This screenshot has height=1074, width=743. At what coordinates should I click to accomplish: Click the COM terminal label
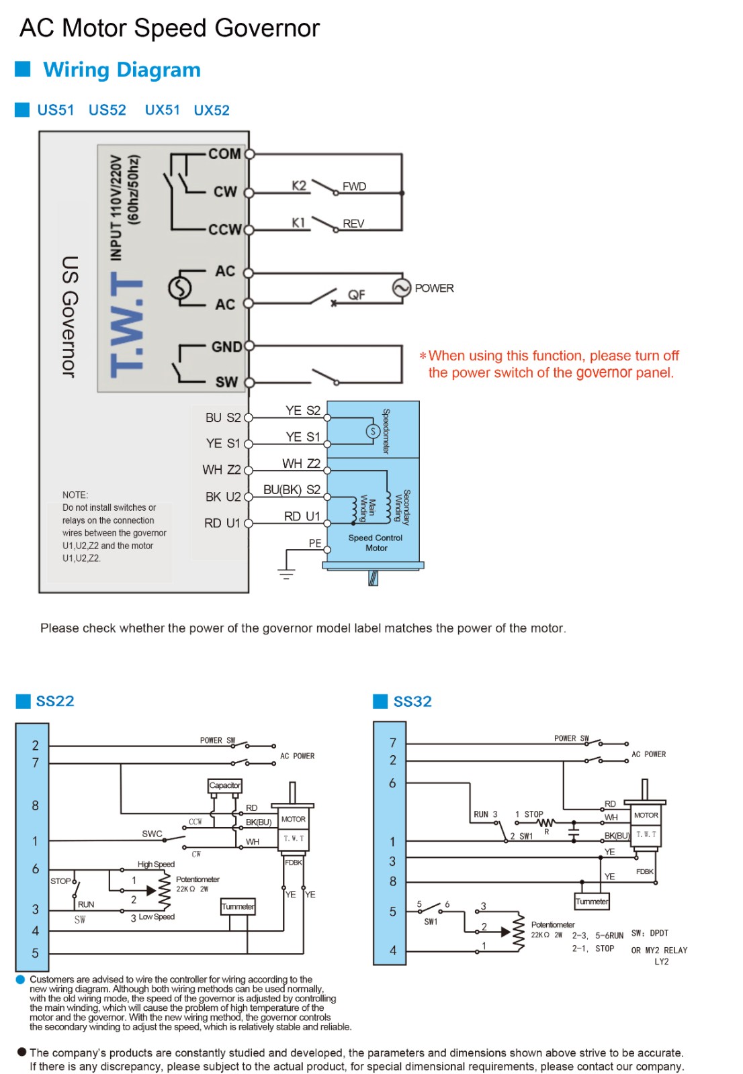click(224, 154)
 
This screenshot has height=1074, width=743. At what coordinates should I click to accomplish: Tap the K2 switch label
click(299, 186)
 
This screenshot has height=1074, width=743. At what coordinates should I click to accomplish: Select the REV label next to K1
click(353, 224)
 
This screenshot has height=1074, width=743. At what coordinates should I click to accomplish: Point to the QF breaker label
click(356, 295)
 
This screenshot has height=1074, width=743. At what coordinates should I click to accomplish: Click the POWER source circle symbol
click(401, 289)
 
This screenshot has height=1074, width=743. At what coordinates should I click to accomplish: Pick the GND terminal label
click(226, 347)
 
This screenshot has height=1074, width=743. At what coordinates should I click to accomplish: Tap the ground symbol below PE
click(286, 574)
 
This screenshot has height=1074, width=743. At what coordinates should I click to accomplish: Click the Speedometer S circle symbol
click(373, 431)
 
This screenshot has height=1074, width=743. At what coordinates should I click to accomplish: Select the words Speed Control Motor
click(376, 543)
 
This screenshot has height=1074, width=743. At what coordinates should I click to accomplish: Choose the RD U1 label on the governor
click(222, 523)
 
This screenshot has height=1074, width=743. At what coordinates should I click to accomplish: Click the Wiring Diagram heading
click(122, 70)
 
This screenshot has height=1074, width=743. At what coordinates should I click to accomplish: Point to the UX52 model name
click(212, 110)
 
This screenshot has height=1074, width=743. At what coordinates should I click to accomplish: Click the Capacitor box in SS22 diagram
click(224, 785)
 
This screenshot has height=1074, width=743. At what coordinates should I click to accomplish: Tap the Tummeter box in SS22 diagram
click(238, 907)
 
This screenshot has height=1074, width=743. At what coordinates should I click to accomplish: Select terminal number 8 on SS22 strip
click(35, 805)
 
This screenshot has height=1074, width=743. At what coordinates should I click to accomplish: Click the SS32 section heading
click(412, 701)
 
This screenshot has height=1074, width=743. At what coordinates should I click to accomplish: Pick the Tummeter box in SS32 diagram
click(592, 901)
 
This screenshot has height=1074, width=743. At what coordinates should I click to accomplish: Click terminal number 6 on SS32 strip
click(392, 783)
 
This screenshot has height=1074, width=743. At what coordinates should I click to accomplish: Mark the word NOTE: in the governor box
click(75, 495)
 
